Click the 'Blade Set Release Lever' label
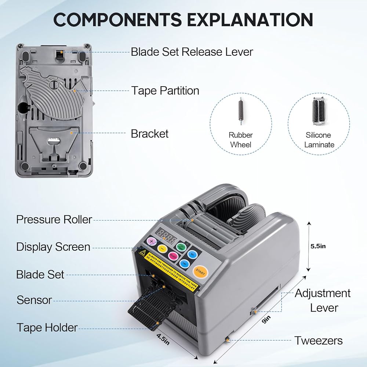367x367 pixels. tap(192, 52)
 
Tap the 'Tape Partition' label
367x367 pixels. tap(165, 90)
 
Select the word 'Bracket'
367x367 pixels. tap(150, 134)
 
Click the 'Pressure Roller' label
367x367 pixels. tap(54, 219)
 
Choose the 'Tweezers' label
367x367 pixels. tap(319, 341)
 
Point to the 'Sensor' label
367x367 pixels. tap(34, 300)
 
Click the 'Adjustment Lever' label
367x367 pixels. tap(323, 300)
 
